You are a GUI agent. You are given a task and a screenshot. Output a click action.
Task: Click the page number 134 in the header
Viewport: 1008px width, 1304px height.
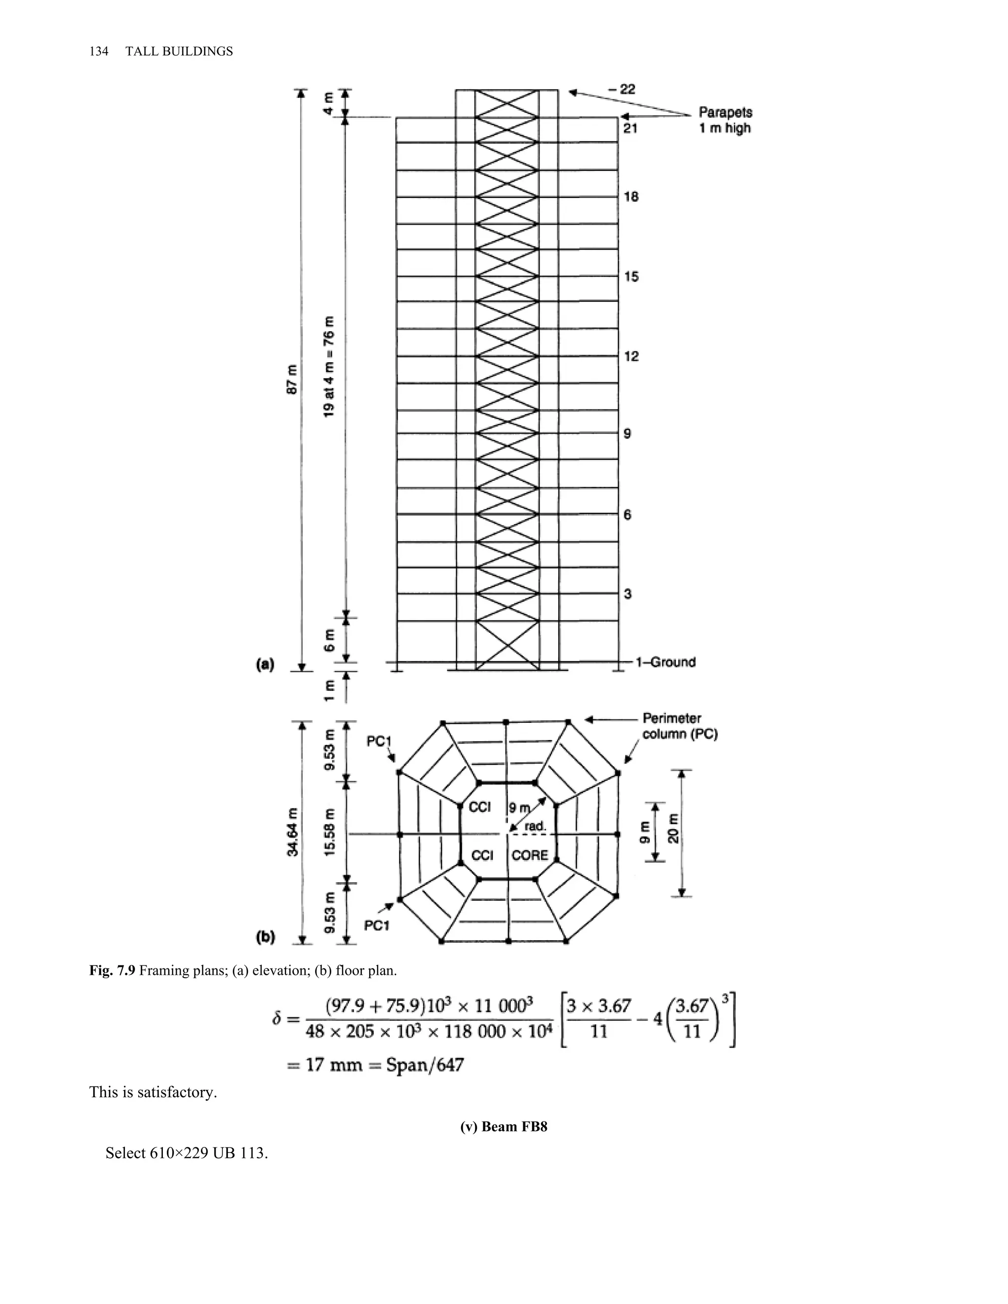98,51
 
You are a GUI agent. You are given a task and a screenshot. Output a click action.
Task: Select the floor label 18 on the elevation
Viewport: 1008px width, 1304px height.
631,196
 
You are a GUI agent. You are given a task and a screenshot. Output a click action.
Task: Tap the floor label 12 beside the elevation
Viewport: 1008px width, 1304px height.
631,356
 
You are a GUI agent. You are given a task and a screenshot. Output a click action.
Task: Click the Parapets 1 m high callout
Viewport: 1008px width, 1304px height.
725,120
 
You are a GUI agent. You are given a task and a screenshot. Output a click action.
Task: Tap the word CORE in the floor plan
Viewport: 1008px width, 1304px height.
530,855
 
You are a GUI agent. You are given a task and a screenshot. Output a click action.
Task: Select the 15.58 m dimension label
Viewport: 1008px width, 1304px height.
329,832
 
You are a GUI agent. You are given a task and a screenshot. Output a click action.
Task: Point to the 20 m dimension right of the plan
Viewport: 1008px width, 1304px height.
674,828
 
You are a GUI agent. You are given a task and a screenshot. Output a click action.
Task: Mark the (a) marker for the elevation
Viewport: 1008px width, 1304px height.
264,664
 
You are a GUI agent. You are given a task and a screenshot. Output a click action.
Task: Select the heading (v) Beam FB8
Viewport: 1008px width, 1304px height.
504,1127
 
